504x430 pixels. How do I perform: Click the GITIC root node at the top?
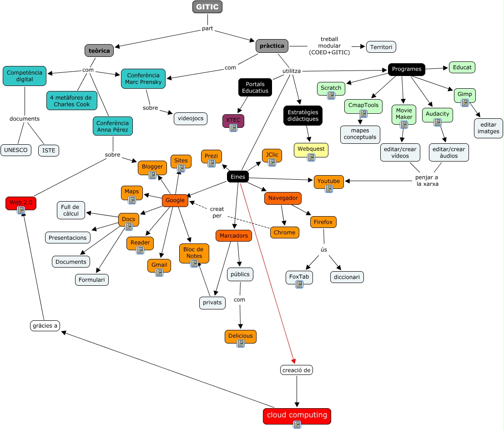click(x=207, y=7)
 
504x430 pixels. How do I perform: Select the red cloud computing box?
click(x=297, y=415)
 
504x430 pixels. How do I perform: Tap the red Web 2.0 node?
click(x=21, y=203)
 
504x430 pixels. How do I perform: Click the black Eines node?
click(x=238, y=177)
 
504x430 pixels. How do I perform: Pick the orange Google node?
click(x=175, y=200)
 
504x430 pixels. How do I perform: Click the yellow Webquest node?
click(x=311, y=149)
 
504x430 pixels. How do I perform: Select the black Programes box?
click(x=406, y=69)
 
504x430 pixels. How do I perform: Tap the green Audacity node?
click(x=437, y=114)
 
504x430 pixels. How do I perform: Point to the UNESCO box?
click(x=16, y=150)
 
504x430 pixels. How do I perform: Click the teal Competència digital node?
click(x=25, y=76)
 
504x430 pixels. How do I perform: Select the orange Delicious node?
click(x=240, y=336)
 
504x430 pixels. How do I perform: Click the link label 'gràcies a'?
click(x=45, y=326)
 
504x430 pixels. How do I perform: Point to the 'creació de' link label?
click(x=297, y=370)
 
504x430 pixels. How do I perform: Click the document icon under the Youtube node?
click(x=329, y=189)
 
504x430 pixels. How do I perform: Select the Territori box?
click(x=381, y=47)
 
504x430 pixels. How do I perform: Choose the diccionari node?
click(x=347, y=277)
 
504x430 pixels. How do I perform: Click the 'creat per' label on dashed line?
click(x=217, y=212)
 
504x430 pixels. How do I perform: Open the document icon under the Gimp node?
click(x=464, y=103)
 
